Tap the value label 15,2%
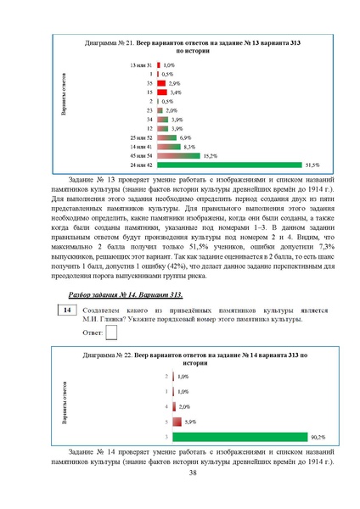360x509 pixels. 210,155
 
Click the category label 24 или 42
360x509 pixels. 141,165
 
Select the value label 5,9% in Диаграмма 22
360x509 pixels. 191,422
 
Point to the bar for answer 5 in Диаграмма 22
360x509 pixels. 177,422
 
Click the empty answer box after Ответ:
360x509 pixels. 111,333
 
